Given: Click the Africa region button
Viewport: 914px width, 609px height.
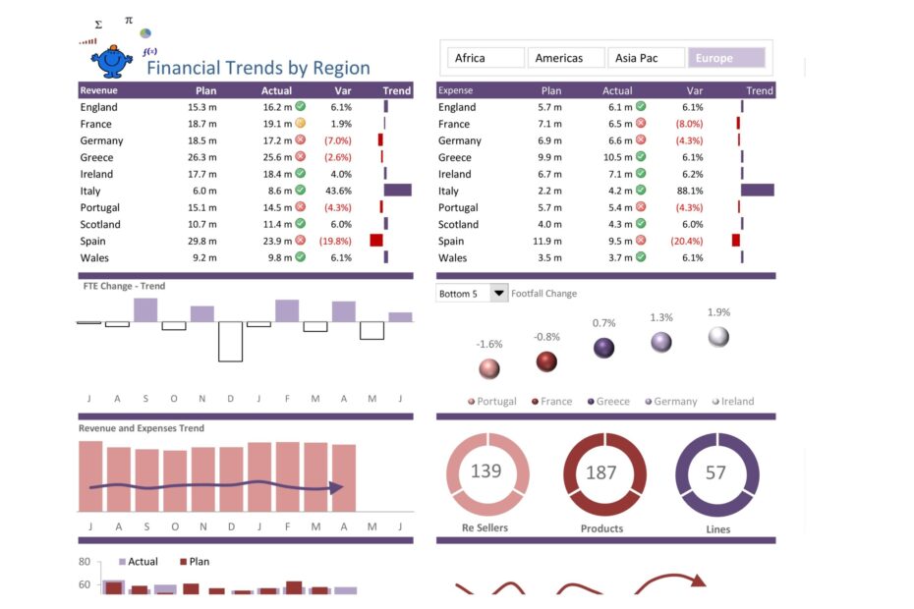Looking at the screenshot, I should [x=486, y=58].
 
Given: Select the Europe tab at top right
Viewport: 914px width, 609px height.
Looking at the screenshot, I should [x=725, y=58].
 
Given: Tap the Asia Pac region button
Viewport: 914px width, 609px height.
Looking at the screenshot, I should [x=646, y=58].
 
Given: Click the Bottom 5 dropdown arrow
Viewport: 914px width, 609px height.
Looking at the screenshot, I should [x=499, y=294].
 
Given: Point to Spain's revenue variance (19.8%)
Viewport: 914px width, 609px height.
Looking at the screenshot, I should [x=336, y=242].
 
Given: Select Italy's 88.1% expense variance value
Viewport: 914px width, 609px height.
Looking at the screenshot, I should [x=689, y=192].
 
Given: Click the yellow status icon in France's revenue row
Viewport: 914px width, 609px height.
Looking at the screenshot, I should [x=301, y=124].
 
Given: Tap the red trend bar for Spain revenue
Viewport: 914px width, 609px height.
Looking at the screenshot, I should [x=376, y=241].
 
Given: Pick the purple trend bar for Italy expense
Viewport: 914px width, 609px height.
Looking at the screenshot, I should [x=758, y=191].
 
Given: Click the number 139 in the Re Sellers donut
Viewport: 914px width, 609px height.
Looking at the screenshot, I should [x=486, y=471].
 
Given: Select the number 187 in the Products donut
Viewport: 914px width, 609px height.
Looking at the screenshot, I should [x=601, y=473].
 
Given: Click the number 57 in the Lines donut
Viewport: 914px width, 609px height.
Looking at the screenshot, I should [x=716, y=473].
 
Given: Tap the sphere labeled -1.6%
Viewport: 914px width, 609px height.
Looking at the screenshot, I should [x=488, y=369].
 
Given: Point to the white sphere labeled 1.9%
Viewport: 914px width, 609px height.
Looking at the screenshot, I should [x=718, y=337].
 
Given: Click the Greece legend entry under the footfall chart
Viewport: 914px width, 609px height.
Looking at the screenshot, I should [x=608, y=402].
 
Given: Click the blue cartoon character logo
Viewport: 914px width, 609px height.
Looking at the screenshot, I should [x=112, y=61].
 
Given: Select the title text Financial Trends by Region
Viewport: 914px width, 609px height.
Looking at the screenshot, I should [x=258, y=69].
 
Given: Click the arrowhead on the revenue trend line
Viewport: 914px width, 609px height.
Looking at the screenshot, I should [x=336, y=487].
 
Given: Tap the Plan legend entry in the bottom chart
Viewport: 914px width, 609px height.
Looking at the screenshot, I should [x=194, y=562].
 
